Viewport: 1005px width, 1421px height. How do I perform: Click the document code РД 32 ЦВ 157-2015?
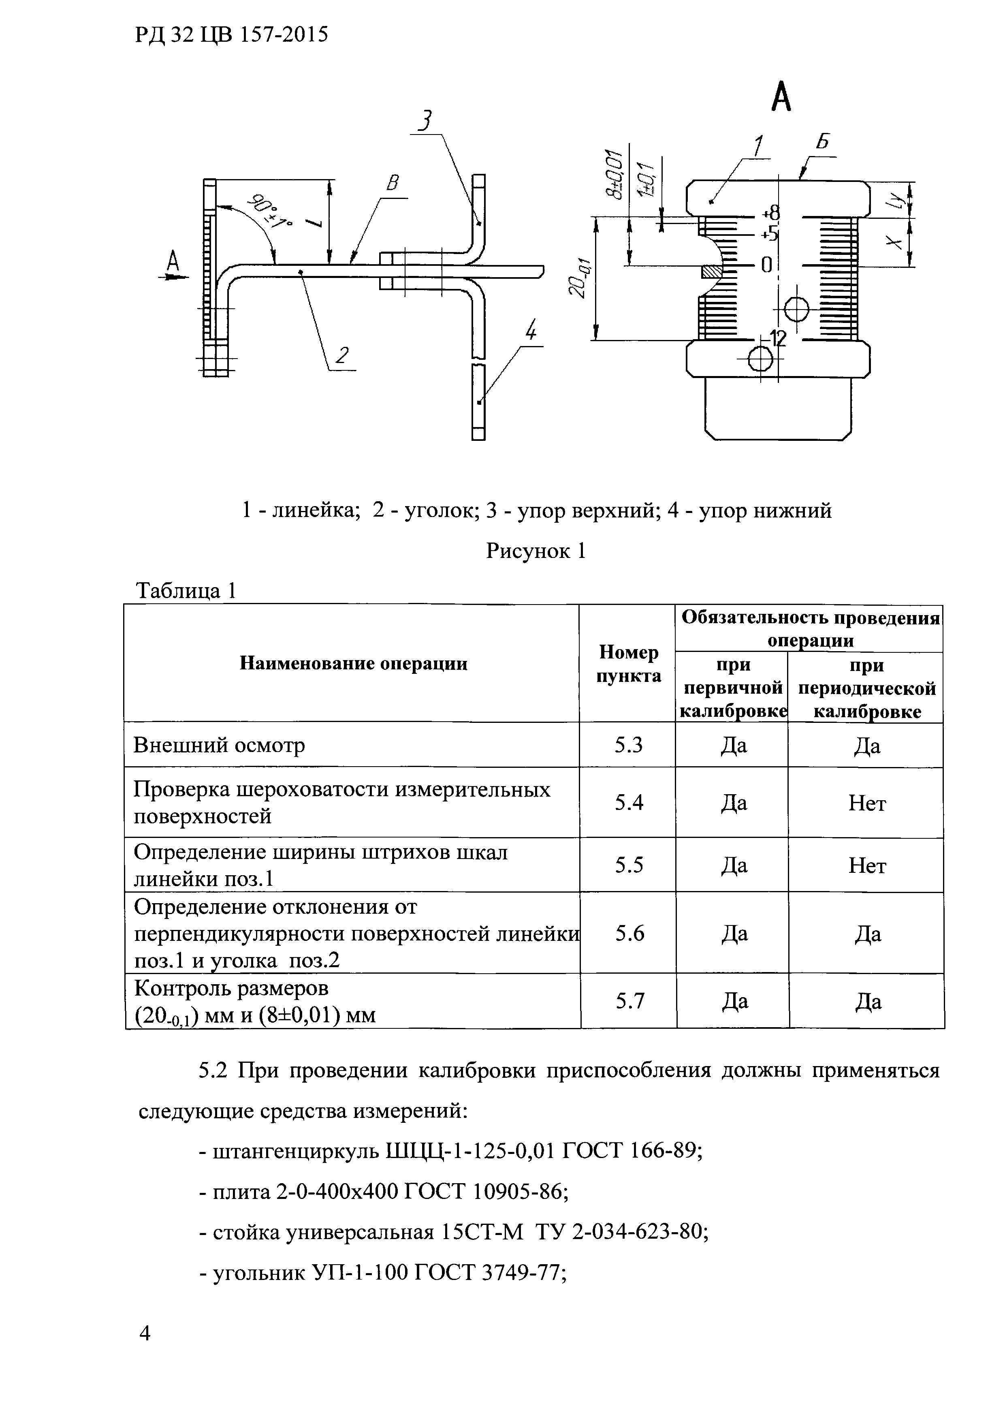[231, 35]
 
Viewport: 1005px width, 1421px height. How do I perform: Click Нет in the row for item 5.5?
[866, 865]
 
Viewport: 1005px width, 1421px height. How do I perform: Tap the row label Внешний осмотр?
[219, 745]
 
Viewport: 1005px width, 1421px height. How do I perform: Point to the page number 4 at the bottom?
[145, 1349]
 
